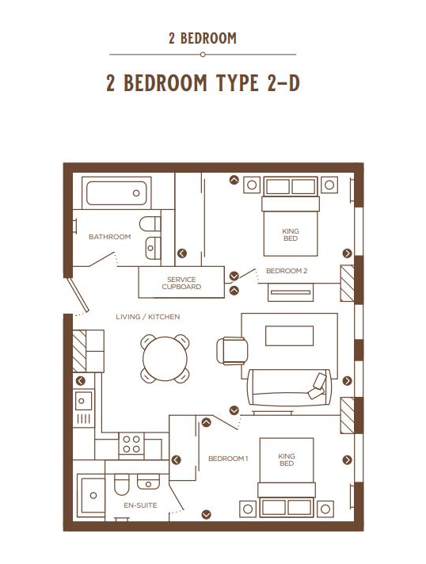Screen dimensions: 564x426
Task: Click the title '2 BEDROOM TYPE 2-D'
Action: (x=203, y=83)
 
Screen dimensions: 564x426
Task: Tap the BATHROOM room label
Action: (x=109, y=237)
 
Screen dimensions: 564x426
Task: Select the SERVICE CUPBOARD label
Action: (x=181, y=283)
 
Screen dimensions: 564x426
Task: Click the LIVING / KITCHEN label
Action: (x=148, y=317)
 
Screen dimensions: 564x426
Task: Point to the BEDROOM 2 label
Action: (x=286, y=271)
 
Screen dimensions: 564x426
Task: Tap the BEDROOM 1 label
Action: (x=228, y=459)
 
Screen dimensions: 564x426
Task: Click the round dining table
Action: (x=165, y=359)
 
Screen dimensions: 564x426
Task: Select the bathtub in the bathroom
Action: (x=116, y=193)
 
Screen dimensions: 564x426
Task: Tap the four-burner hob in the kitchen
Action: (x=131, y=444)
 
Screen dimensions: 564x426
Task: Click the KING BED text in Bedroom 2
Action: (x=291, y=234)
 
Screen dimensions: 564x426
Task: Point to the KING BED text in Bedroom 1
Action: (x=286, y=459)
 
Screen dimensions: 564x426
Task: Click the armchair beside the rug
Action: (x=232, y=349)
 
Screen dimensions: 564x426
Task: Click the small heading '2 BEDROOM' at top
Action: (x=203, y=38)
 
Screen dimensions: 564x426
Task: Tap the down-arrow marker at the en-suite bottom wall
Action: (x=207, y=514)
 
